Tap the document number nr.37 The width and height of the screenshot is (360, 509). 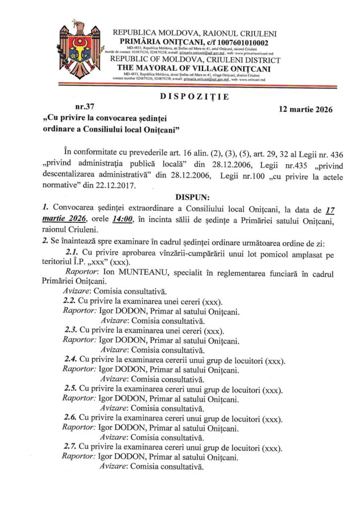point(84,106)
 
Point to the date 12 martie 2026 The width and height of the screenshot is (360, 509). point(307,109)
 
